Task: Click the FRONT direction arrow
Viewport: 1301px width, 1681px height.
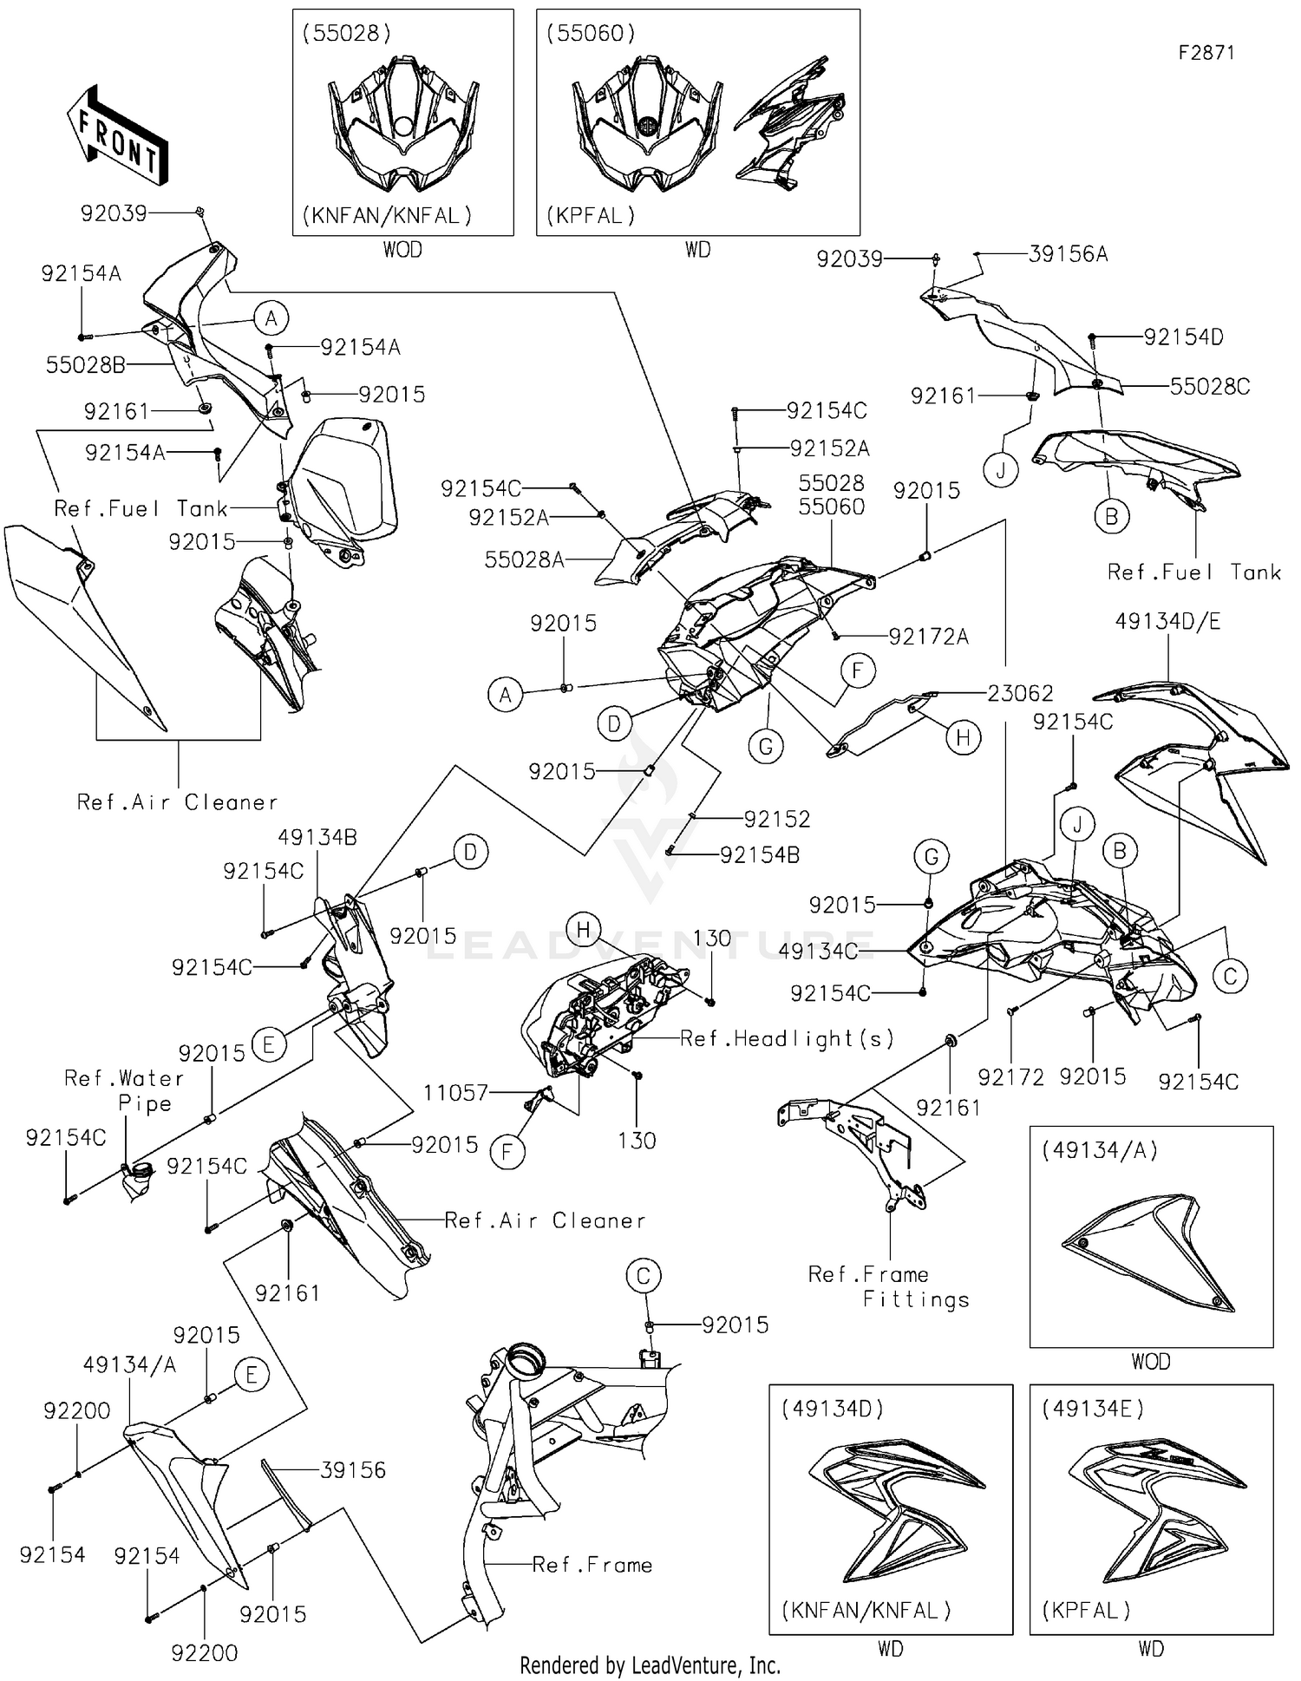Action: (117, 134)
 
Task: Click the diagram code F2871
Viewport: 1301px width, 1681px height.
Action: (1206, 52)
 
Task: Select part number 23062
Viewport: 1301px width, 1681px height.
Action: (1020, 693)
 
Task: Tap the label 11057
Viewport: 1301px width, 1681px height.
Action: (456, 1093)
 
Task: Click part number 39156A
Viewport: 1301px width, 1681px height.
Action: (1068, 254)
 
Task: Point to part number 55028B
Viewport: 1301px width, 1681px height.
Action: (86, 365)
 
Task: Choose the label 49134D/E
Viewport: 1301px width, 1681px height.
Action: (1167, 621)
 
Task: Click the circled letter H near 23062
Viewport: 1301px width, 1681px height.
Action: (963, 738)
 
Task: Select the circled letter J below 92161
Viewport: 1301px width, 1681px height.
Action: (1001, 470)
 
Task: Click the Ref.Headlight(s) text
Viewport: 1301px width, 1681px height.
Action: (787, 1038)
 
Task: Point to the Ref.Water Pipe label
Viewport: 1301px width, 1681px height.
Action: (124, 1090)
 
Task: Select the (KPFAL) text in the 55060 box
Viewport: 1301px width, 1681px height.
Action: (591, 215)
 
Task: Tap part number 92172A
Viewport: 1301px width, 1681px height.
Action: (928, 637)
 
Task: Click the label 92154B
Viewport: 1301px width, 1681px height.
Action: (760, 855)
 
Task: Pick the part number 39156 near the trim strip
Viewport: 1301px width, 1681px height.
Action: (353, 1470)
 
